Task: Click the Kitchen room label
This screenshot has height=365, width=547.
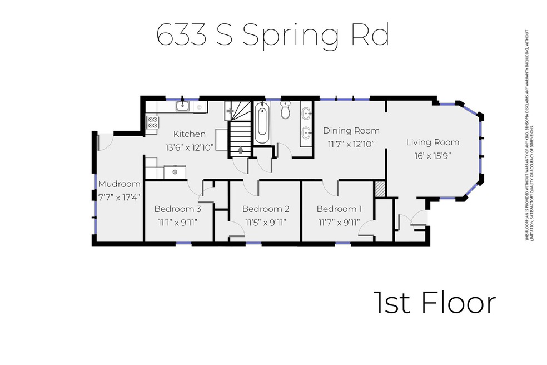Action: tap(190, 134)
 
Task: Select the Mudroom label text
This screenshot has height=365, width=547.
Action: tap(119, 184)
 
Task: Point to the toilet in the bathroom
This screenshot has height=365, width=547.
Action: tap(286, 111)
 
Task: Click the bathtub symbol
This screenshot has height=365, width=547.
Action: tap(263, 123)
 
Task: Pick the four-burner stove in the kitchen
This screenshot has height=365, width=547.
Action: tap(152, 122)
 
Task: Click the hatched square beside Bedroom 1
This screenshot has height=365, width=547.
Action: tap(380, 189)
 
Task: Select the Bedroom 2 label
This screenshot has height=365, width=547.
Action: tap(266, 209)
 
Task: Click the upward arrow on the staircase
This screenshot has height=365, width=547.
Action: tap(240, 149)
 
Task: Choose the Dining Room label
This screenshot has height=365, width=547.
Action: tap(351, 131)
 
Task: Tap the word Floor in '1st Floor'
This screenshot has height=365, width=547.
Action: tap(458, 303)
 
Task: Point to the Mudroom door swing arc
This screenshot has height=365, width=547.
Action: tap(107, 142)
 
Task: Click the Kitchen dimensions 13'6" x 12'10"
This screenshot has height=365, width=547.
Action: tap(190, 147)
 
